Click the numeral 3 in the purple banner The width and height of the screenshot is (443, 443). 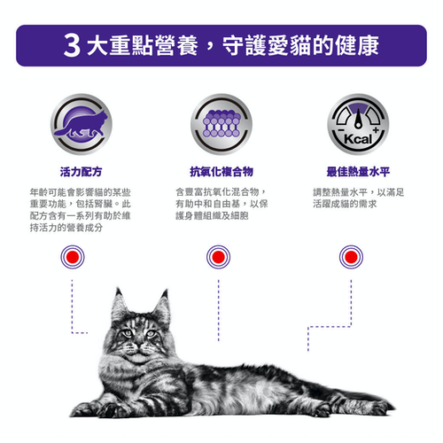tap(72, 45)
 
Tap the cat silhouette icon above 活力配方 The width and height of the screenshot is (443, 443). tap(81, 124)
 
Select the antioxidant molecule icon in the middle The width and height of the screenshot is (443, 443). tap(221, 124)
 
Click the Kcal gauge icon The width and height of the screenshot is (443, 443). tap(358, 124)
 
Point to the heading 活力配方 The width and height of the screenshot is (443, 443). tap(81, 172)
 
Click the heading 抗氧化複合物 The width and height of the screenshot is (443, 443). tap(221, 172)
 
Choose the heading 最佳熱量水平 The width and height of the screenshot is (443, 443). tap(358, 172)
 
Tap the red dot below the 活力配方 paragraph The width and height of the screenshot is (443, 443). tap(73, 257)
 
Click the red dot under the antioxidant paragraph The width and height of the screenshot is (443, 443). tap(218, 257)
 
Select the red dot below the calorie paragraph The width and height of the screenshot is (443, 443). tap(351, 257)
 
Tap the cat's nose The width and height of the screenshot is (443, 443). tap(137, 345)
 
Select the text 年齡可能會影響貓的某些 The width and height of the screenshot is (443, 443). tap(80, 192)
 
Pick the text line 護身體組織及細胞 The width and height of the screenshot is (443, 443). tap(212, 216)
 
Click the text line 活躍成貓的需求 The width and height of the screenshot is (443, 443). tap(345, 204)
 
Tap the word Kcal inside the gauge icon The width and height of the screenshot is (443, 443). tap(358, 139)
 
